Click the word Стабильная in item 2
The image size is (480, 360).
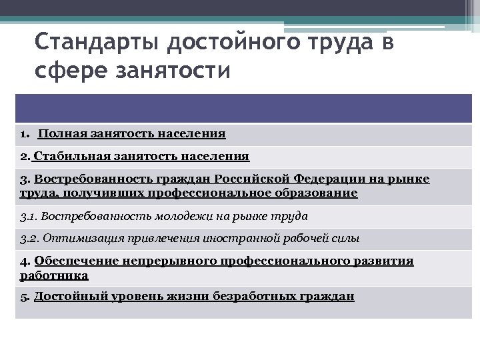(68, 157)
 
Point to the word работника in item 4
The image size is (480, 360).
(54, 275)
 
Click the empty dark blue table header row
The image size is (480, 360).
(243, 108)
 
